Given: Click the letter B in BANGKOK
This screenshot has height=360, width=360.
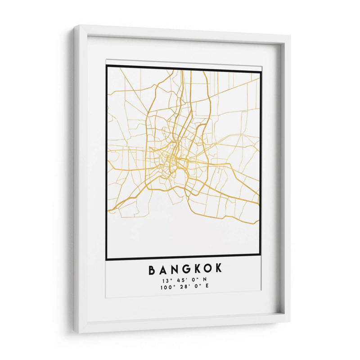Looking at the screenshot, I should (152, 270).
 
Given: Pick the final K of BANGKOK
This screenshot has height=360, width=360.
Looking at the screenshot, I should (219, 270).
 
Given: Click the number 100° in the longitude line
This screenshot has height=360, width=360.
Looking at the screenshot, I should (166, 287).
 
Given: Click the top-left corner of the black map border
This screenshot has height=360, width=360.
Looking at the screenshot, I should (107, 66).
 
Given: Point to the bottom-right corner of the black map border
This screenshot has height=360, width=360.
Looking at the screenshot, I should (261, 255).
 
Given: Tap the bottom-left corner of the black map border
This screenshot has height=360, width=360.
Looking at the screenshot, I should (106, 259).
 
